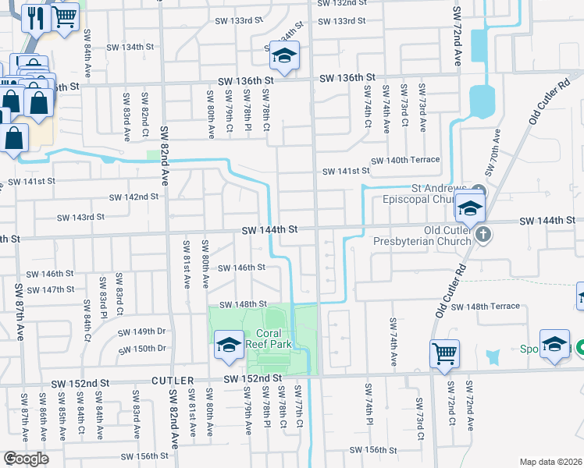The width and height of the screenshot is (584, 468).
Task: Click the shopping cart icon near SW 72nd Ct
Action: (x=443, y=353)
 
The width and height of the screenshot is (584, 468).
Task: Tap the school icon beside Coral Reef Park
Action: (x=227, y=345)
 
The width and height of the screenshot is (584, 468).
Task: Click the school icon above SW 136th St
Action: (x=284, y=55)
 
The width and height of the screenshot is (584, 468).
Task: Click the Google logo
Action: (x=26, y=458)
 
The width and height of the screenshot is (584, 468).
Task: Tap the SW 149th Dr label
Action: (x=142, y=332)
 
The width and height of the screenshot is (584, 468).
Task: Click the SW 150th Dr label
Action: (x=142, y=349)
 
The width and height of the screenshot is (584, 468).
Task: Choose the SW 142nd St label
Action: (x=134, y=197)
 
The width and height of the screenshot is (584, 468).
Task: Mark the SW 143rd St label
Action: (x=80, y=217)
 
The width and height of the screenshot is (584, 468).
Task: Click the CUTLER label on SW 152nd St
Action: (x=173, y=381)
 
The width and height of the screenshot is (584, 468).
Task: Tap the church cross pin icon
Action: (x=483, y=232)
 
